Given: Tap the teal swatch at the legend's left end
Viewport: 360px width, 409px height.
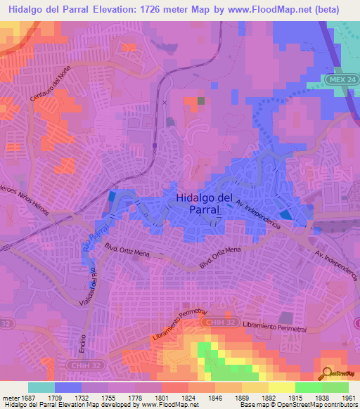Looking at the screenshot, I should point(41,387).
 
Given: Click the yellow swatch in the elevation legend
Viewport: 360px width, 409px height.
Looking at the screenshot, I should point(282,387).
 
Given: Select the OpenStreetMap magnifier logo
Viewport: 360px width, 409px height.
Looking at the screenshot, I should point(326,372).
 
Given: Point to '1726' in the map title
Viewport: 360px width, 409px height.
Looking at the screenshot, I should point(151,10).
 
